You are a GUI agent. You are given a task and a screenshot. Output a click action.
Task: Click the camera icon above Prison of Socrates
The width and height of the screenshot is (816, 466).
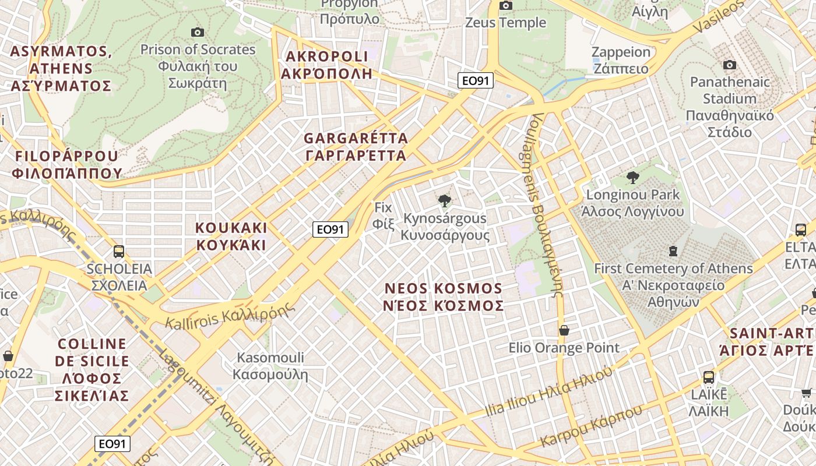coord(198,32)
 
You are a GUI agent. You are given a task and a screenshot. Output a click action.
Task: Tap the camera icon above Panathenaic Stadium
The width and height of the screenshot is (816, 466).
coord(729,65)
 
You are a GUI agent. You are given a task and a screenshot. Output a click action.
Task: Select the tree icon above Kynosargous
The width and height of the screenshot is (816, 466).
coord(445,201)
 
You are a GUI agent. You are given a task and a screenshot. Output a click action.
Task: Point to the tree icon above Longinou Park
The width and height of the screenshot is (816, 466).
coord(632,177)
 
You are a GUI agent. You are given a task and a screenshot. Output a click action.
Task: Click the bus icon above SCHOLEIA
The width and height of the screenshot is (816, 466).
coord(119,252)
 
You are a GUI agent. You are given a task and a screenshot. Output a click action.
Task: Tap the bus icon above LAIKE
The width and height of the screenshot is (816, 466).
coord(709,377)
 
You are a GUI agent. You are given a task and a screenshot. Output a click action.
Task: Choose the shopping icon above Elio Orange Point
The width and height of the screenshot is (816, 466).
coord(564,330)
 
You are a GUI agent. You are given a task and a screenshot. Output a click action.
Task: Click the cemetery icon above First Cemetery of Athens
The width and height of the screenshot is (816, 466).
coord(673,251)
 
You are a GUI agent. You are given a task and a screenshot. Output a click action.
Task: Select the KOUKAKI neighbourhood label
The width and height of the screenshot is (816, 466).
coord(231,236)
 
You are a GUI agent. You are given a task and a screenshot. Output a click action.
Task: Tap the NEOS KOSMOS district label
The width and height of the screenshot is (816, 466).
coord(444,297)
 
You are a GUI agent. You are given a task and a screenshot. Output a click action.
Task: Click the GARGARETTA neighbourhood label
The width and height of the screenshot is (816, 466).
coord(356,147)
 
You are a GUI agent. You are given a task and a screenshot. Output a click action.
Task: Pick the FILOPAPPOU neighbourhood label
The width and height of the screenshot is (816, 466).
coord(67,164)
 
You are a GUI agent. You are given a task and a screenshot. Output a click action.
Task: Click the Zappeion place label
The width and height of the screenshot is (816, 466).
coord(621,60)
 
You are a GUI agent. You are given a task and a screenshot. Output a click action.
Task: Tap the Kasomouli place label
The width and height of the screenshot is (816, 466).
coord(270,366)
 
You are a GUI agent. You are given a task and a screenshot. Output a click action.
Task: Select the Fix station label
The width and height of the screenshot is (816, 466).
coord(384,215)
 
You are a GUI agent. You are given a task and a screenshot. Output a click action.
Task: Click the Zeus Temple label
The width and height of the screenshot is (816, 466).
coord(505,23)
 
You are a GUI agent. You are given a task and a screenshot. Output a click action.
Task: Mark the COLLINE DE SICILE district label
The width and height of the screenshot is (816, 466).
coord(92,369)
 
